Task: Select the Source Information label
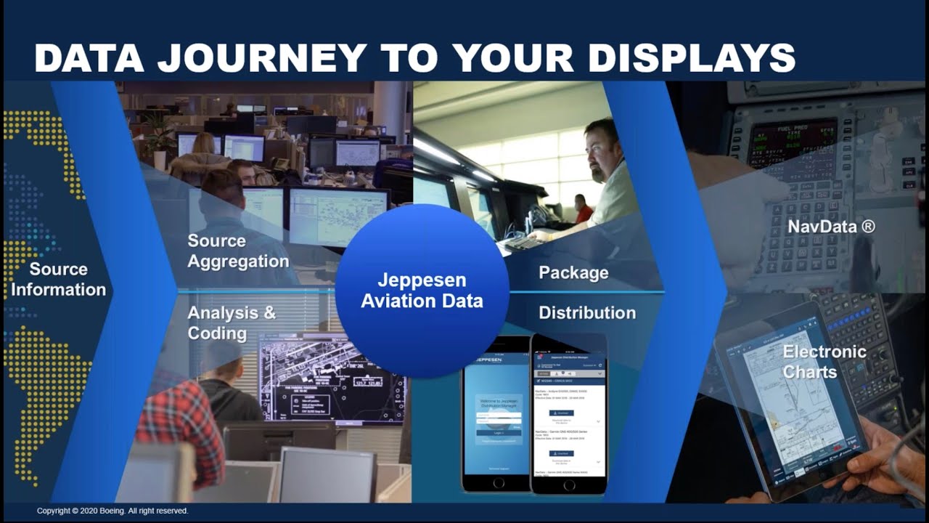point(58,280)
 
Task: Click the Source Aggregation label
point(238,251)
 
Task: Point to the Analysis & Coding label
point(232,323)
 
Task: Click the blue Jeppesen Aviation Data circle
point(422,291)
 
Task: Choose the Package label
point(573,273)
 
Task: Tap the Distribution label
point(587,313)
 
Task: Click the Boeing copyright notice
point(112,511)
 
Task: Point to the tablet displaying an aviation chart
point(791,400)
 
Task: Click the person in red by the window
point(583,209)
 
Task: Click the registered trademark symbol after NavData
point(868,227)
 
